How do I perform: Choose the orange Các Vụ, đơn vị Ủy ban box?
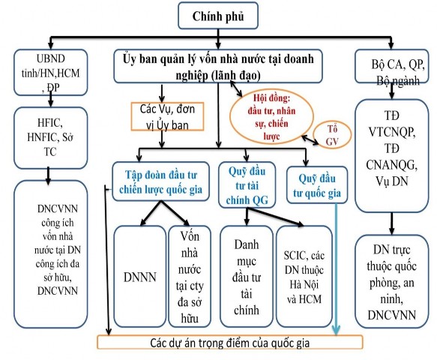point(163,114)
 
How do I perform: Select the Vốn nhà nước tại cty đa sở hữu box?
point(187,277)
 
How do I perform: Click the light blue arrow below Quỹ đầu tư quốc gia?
point(336,270)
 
